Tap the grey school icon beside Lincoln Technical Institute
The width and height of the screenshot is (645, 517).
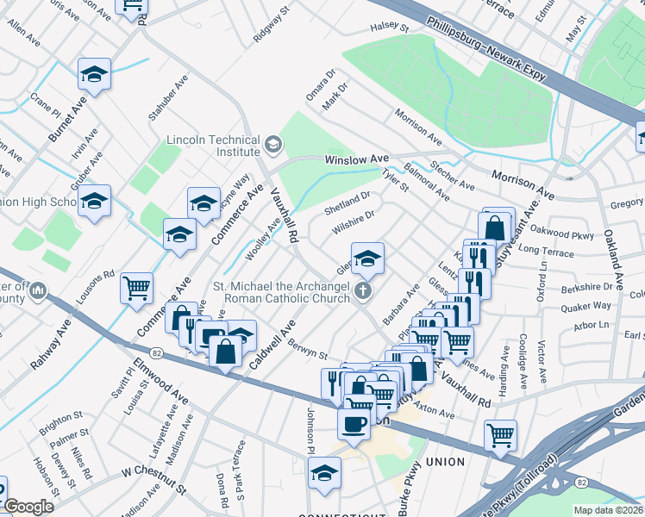pos(273,143)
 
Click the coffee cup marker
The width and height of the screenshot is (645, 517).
pos(354,423)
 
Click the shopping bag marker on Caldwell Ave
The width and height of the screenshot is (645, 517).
pos(226,350)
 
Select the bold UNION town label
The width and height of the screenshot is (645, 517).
pos(446,462)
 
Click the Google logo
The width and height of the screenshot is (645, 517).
pos(28,507)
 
